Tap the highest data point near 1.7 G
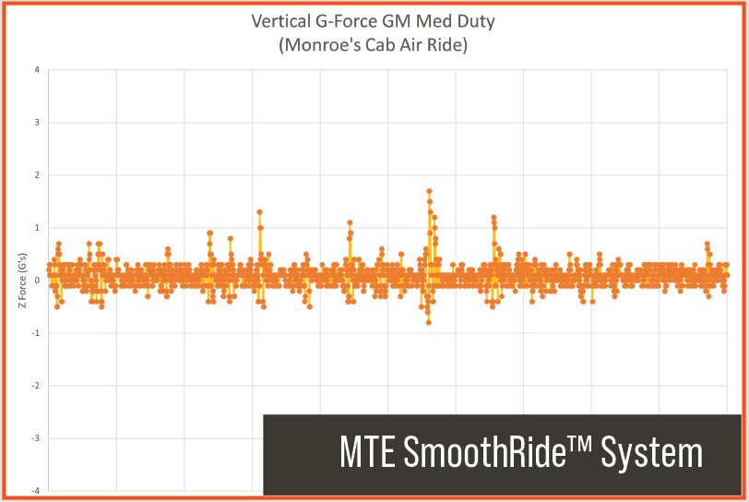429,191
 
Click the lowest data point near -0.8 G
428,322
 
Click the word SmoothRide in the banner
493,454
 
